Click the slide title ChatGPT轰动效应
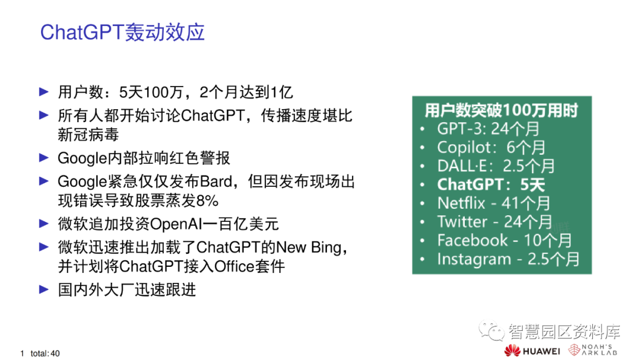(x=122, y=32)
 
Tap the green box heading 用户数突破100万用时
(x=501, y=110)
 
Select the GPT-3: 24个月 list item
(x=488, y=129)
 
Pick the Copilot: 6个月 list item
(x=491, y=147)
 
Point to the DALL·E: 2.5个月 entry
(x=496, y=165)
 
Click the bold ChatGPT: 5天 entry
(x=491, y=184)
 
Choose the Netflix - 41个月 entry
(x=494, y=203)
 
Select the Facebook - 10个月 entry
(x=504, y=240)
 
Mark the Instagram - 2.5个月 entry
(x=508, y=259)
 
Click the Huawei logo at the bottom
(x=532, y=351)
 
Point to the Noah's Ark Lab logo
(x=594, y=350)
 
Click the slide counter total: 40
(x=45, y=353)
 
